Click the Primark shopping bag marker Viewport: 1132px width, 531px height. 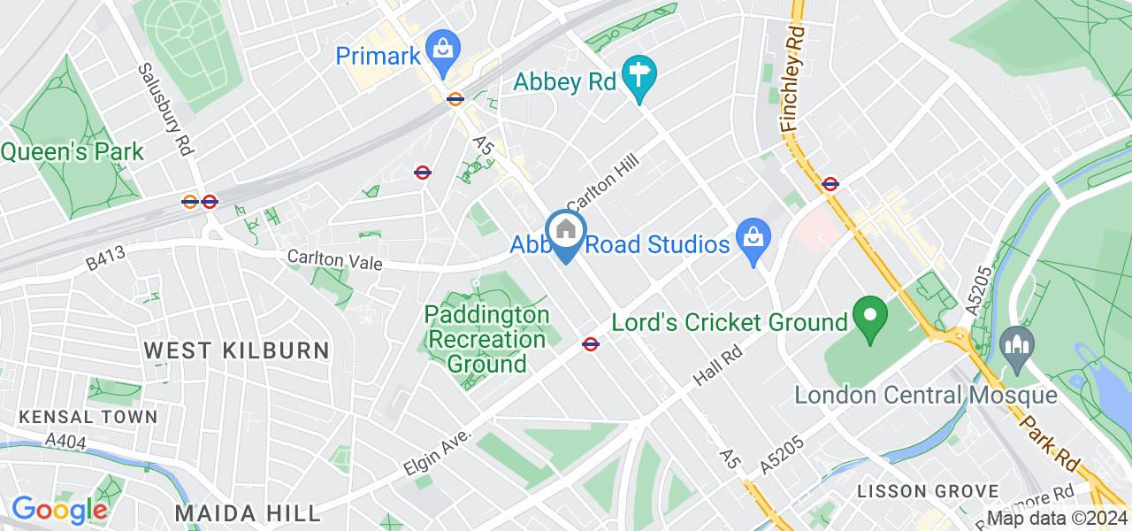click(x=440, y=49)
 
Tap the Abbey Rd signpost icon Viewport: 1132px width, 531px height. click(x=637, y=79)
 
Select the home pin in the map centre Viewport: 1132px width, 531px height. click(x=564, y=233)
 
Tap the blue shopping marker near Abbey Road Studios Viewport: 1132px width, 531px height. click(x=753, y=242)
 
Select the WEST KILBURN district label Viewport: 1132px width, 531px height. click(x=237, y=350)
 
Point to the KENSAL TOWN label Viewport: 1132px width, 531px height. click(x=88, y=416)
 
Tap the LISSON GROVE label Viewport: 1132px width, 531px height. click(x=929, y=491)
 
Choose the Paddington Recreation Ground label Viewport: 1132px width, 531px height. click(x=487, y=339)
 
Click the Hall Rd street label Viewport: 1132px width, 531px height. click(x=716, y=365)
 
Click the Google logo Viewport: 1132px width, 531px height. click(x=58, y=511)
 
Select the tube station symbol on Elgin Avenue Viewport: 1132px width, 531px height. click(x=591, y=343)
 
